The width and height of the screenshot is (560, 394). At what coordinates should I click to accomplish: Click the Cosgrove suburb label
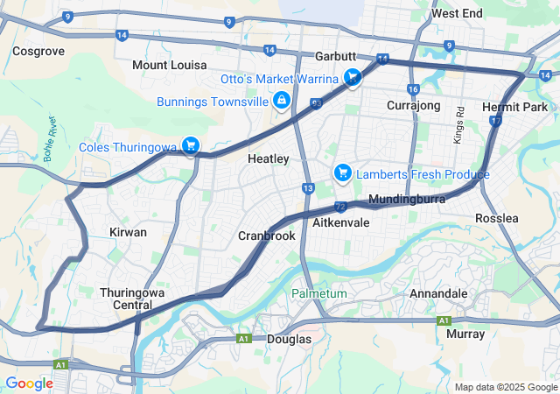(38, 52)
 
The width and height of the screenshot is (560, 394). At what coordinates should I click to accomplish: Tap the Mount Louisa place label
(170, 66)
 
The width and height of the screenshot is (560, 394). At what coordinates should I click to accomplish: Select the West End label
(457, 14)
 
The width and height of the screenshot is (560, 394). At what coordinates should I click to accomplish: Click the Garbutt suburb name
(337, 56)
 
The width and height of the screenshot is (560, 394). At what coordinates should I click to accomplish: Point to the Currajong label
(413, 105)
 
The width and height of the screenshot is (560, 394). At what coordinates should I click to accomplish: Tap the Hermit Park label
(514, 106)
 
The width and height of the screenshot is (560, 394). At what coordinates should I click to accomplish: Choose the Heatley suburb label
(269, 158)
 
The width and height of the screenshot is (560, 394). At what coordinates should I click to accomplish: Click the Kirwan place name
(128, 232)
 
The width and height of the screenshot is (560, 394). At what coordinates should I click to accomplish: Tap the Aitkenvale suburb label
(341, 223)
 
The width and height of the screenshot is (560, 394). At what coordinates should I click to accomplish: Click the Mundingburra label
(408, 200)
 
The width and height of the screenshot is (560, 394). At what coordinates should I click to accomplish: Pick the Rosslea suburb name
(497, 217)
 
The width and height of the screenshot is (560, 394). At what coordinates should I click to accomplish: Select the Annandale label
(443, 293)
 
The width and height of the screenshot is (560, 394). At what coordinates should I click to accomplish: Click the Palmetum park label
(318, 293)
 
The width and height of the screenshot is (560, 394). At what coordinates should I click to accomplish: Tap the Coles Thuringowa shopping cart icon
(191, 146)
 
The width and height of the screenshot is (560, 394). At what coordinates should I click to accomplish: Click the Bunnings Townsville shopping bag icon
(282, 102)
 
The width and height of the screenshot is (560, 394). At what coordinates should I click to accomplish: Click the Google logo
(29, 383)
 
